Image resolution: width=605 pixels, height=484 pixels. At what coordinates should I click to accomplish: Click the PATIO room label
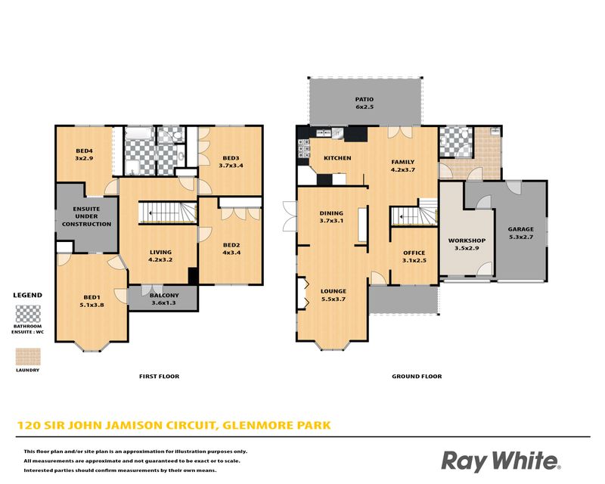[x=365, y=99]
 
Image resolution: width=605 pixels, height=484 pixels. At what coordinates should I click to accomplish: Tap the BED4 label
[x=84, y=151]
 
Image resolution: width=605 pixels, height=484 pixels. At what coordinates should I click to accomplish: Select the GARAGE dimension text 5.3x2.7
[x=520, y=237]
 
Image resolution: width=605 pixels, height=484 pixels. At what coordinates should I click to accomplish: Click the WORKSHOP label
[x=467, y=240]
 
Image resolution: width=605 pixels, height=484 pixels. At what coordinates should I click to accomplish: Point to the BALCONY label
[x=164, y=295]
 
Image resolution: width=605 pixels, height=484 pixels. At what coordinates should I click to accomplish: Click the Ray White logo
[x=501, y=461]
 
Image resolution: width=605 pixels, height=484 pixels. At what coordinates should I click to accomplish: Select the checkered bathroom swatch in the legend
[x=28, y=314]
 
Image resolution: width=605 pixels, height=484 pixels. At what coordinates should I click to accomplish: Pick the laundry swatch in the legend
[x=28, y=357]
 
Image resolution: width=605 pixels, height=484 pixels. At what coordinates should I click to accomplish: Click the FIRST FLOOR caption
[x=159, y=377]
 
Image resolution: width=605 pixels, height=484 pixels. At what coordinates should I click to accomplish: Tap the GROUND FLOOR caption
[x=417, y=377]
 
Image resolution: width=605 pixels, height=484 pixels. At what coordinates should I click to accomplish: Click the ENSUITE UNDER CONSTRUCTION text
[x=86, y=216]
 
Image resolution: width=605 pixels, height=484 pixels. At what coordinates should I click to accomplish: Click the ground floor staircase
[x=414, y=212]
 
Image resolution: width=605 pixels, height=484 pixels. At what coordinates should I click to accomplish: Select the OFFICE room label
[x=414, y=253]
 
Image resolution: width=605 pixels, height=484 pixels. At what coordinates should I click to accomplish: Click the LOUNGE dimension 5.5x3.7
[x=334, y=299]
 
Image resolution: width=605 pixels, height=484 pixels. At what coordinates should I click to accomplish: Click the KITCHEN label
[x=337, y=158]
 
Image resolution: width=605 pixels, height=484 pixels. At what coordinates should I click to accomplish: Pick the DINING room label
[x=331, y=213]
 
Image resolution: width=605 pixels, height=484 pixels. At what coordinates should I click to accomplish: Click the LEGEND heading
[x=28, y=295]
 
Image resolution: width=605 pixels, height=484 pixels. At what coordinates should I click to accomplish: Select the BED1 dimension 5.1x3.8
[x=92, y=305]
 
